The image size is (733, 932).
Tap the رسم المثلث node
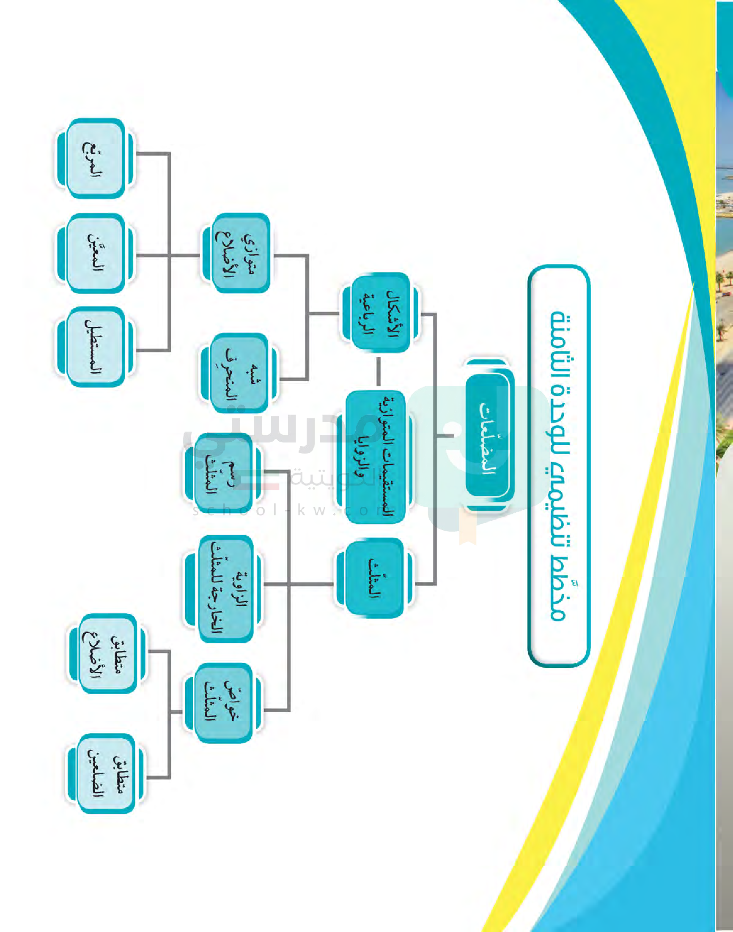click(222, 474)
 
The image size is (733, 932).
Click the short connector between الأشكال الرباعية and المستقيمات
click(378, 372)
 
